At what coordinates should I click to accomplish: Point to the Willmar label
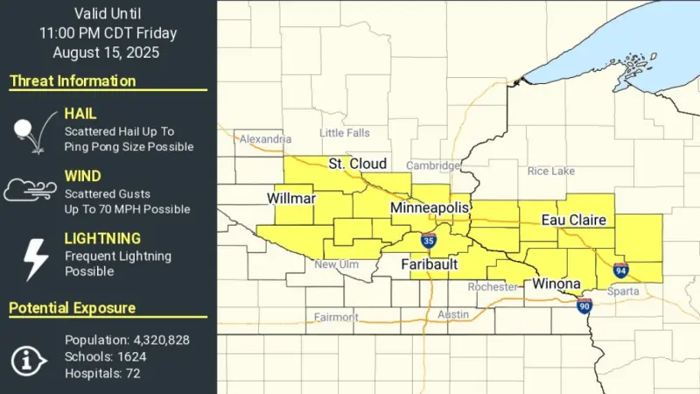click(290, 199)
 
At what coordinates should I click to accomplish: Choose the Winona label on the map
click(556, 285)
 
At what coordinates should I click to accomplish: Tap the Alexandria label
click(265, 139)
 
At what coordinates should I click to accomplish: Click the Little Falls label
click(345, 133)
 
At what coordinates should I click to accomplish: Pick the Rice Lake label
click(551, 171)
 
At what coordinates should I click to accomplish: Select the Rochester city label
click(493, 286)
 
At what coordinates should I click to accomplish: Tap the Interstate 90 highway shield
click(584, 305)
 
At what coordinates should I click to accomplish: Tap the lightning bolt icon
click(34, 257)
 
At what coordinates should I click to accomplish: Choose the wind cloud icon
click(31, 190)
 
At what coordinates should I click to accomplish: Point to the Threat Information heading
click(73, 81)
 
